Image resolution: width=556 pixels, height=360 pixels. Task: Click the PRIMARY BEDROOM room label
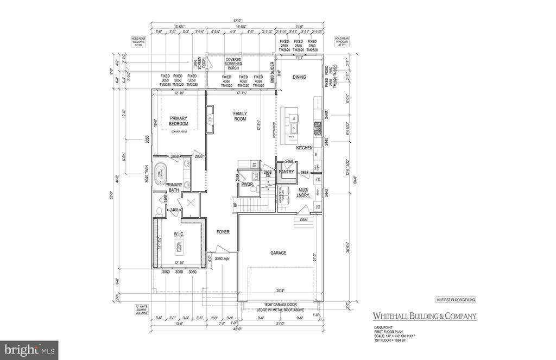pyautogui.click(x=178, y=121)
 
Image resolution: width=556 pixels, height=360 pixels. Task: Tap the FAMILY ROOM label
pyautogui.click(x=240, y=116)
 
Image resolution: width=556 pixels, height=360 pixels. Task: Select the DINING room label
pyautogui.click(x=299, y=77)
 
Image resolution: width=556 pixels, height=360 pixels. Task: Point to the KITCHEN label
pyautogui.click(x=304, y=148)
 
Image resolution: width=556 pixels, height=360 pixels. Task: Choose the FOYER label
pyautogui.click(x=223, y=232)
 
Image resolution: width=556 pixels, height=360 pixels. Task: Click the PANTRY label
pyautogui.click(x=286, y=172)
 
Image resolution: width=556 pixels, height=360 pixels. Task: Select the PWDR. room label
pyautogui.click(x=248, y=184)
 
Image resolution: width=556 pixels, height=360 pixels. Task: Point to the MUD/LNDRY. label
pyautogui.click(x=304, y=192)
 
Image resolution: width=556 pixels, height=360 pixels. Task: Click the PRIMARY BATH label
pyautogui.click(x=174, y=187)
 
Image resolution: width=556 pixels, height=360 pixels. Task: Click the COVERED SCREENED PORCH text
pyautogui.click(x=233, y=64)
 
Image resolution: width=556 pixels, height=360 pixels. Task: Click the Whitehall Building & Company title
pyautogui.click(x=424, y=316)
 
